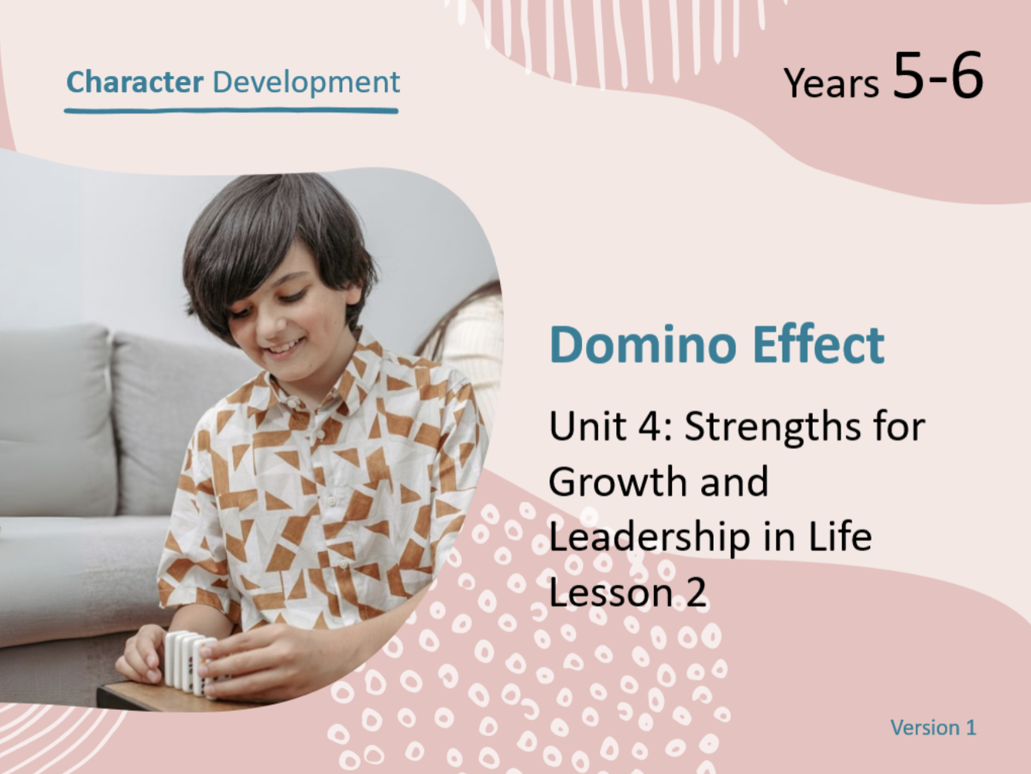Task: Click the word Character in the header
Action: tap(135, 82)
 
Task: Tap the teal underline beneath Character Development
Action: tap(231, 111)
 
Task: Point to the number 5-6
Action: tap(938, 75)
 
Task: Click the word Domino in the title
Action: tap(643, 344)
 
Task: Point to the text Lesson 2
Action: tap(628, 592)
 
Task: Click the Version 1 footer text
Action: tap(933, 728)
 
